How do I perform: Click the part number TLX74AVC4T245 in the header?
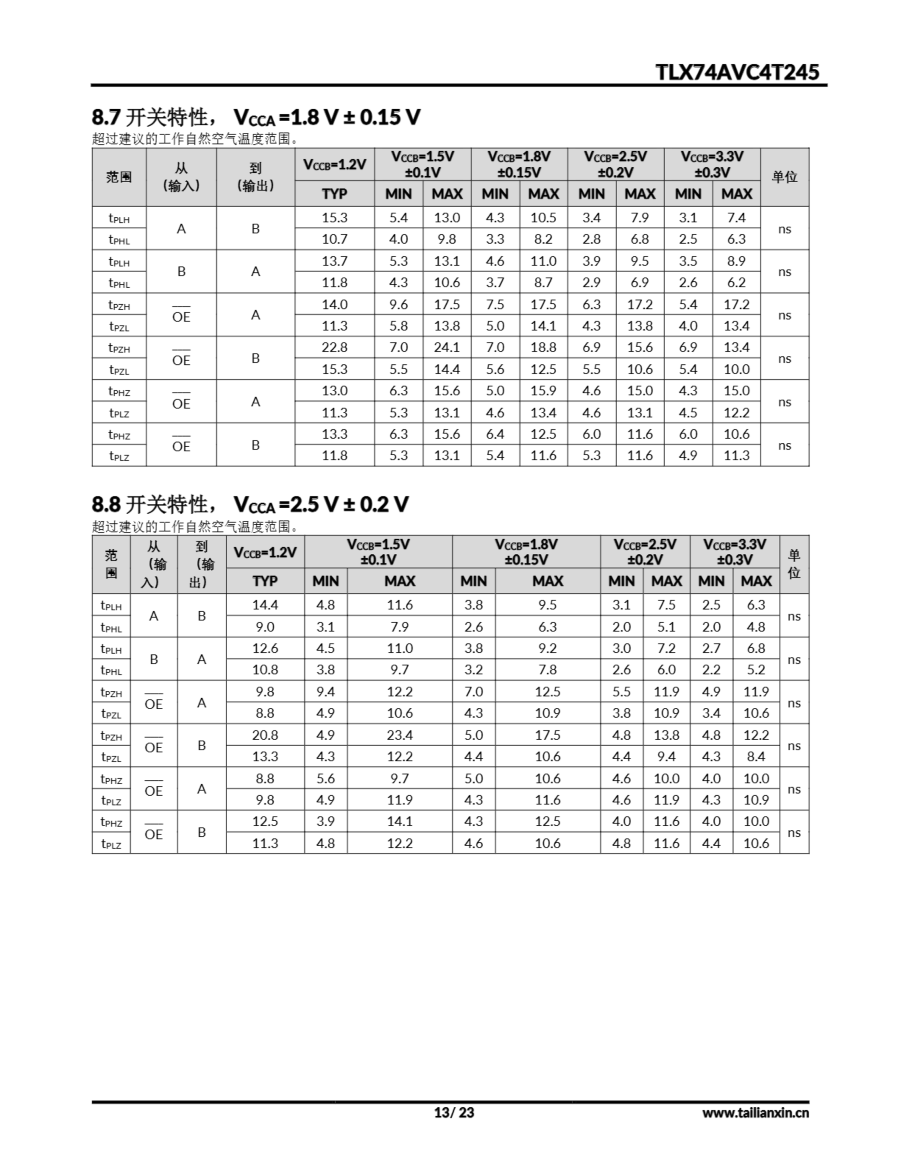coord(737,72)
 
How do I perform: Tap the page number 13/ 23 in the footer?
coord(453,1112)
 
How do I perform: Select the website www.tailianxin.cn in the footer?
coord(755,1112)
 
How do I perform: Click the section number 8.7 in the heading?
coord(106,117)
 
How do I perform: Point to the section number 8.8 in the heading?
coord(106,504)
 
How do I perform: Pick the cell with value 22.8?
coord(334,347)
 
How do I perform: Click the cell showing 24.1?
coord(446,347)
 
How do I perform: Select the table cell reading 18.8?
coord(543,347)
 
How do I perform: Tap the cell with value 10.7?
coord(334,239)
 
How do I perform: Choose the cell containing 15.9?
coord(543,390)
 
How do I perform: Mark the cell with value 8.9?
coord(736,261)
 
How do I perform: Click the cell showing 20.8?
coord(265,735)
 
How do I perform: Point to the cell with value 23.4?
coord(399,735)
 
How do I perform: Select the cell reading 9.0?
coord(265,626)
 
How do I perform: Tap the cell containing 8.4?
coord(756,756)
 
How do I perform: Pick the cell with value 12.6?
coord(265,648)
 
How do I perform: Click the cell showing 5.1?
coord(666,626)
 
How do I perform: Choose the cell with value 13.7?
coord(334,261)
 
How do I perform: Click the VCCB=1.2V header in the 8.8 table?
coord(265,552)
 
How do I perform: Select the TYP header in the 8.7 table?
coord(334,194)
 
